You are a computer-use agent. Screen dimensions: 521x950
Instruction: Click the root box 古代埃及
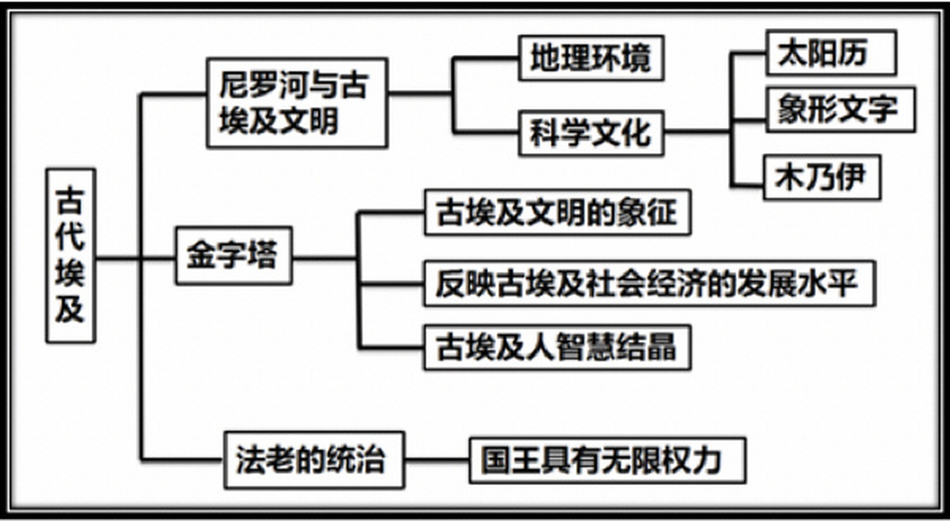(x=71, y=256)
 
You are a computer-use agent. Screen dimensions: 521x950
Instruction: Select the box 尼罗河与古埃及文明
(x=297, y=103)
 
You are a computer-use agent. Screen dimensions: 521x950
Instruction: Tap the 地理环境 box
(x=591, y=58)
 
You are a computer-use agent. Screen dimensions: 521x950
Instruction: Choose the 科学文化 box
(x=591, y=133)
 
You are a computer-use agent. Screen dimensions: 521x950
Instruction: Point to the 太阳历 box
(x=830, y=53)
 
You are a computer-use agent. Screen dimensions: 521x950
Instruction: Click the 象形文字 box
(x=840, y=109)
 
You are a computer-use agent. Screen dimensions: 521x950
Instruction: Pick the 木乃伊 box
(x=822, y=177)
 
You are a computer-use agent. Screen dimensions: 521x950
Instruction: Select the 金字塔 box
(x=234, y=256)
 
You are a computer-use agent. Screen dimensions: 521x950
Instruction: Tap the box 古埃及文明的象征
(x=557, y=212)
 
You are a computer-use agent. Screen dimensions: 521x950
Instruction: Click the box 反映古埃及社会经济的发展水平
(x=649, y=283)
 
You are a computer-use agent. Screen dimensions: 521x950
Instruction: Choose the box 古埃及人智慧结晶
(x=557, y=347)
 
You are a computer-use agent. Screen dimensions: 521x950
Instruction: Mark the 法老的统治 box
(x=314, y=460)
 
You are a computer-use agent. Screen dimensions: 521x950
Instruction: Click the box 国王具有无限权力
(x=607, y=461)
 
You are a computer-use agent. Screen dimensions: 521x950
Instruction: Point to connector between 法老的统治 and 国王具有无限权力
(x=436, y=460)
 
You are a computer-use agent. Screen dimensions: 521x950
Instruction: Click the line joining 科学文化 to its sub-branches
(x=696, y=131)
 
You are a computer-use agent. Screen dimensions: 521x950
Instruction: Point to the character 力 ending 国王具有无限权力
(x=707, y=461)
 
